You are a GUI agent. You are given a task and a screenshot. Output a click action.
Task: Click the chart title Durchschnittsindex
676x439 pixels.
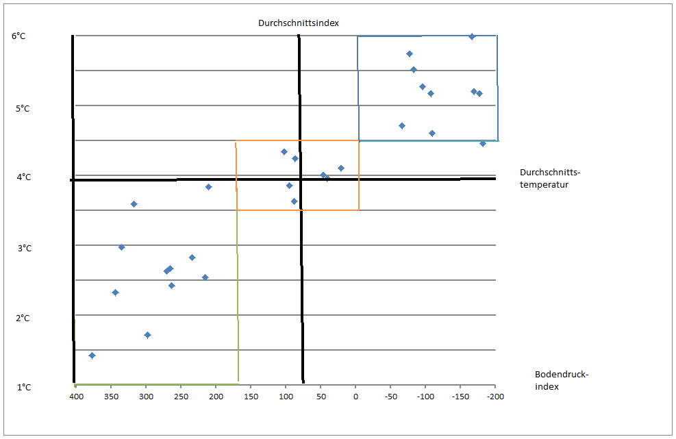[299, 23]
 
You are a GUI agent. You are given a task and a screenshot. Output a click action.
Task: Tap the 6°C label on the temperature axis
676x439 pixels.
[18, 36]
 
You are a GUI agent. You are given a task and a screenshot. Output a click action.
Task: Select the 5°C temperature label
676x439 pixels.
[23, 108]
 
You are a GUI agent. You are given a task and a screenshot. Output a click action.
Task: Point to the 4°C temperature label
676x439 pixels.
[23, 177]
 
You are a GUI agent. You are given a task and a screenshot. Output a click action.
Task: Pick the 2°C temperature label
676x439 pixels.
[23, 318]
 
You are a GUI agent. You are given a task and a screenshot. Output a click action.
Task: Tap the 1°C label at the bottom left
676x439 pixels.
[23, 388]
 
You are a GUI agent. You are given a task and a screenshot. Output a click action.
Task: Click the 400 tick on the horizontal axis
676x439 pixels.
[76, 397]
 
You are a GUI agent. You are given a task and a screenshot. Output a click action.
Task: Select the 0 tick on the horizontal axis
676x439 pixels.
[355, 397]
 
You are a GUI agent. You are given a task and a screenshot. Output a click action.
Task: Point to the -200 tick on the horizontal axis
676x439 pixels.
[495, 397]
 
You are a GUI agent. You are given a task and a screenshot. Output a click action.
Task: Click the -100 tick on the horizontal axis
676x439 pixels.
[425, 397]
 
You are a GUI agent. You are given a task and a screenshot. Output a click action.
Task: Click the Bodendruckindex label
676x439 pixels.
[562, 380]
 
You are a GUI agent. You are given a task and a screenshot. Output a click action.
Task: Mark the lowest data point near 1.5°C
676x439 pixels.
[92, 355]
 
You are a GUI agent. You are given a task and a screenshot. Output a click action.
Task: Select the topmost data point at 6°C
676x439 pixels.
[471, 36]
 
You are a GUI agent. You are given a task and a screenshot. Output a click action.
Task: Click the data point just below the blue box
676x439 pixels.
[482, 144]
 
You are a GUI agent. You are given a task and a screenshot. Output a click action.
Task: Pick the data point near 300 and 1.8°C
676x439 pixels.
[147, 335]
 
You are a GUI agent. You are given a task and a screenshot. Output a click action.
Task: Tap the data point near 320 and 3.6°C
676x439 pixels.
[134, 204]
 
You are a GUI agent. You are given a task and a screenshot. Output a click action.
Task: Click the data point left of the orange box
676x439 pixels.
[208, 187]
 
